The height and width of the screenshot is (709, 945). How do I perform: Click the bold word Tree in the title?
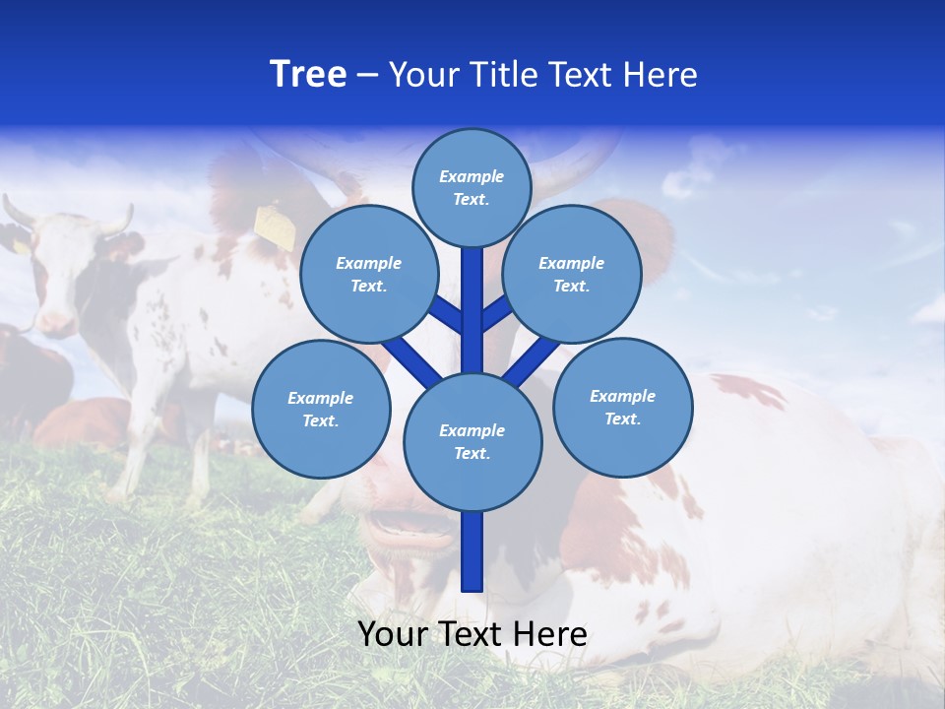click(x=308, y=75)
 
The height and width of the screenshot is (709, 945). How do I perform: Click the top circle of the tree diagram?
click(x=472, y=187)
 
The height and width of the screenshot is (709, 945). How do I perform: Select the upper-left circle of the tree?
click(x=369, y=274)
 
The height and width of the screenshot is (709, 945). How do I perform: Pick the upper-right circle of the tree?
click(x=572, y=274)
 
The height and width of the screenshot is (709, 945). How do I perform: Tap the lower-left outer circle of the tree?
click(x=321, y=409)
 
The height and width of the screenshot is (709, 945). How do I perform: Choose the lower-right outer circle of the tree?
click(x=622, y=407)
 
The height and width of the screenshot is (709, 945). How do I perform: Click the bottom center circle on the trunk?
click(x=472, y=442)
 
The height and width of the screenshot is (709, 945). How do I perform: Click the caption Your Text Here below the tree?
click(x=472, y=634)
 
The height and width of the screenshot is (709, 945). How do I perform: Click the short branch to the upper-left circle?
click(x=447, y=314)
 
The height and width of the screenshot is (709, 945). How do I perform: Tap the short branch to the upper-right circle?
click(x=496, y=312)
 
